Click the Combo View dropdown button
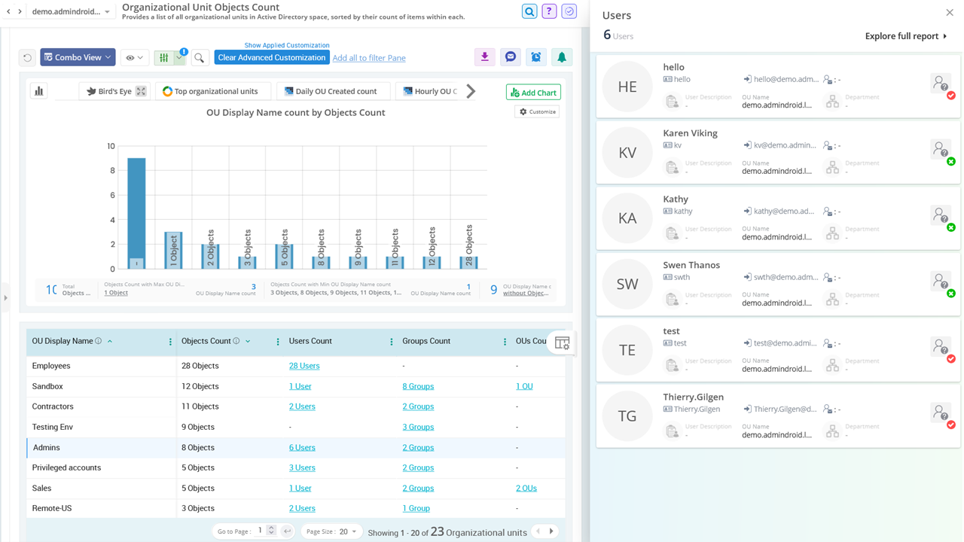tap(78, 57)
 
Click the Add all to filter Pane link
tap(369, 58)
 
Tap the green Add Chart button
tap(533, 93)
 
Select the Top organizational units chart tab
tap(210, 91)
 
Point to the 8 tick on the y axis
tap(111, 171)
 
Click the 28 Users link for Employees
tap(304, 366)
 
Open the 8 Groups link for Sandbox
tap(418, 386)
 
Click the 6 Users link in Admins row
tap(302, 447)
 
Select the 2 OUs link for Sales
tap(526, 488)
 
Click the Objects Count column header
tap(205, 341)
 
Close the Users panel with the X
tap(949, 13)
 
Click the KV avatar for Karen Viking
tap(627, 153)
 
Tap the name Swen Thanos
tap(691, 265)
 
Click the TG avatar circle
tap(627, 416)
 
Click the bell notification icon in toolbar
tap(561, 57)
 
